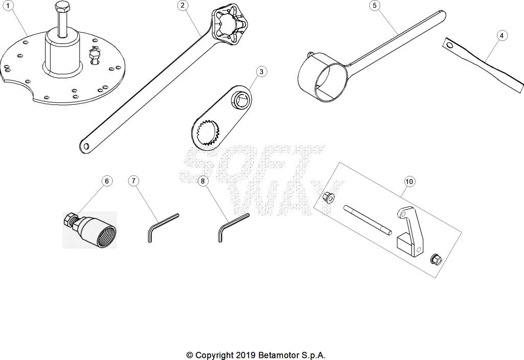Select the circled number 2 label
pyautogui.click(x=183, y=6)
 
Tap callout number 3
pyautogui.click(x=261, y=71)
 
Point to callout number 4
pyautogui.click(x=501, y=35)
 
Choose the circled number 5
pyautogui.click(x=375, y=6)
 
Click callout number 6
pyautogui.click(x=106, y=181)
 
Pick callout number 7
pyautogui.click(x=133, y=181)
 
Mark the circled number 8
pyautogui.click(x=203, y=181)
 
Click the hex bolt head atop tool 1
pyautogui.click(x=62, y=9)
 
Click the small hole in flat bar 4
pyautogui.click(x=450, y=46)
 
